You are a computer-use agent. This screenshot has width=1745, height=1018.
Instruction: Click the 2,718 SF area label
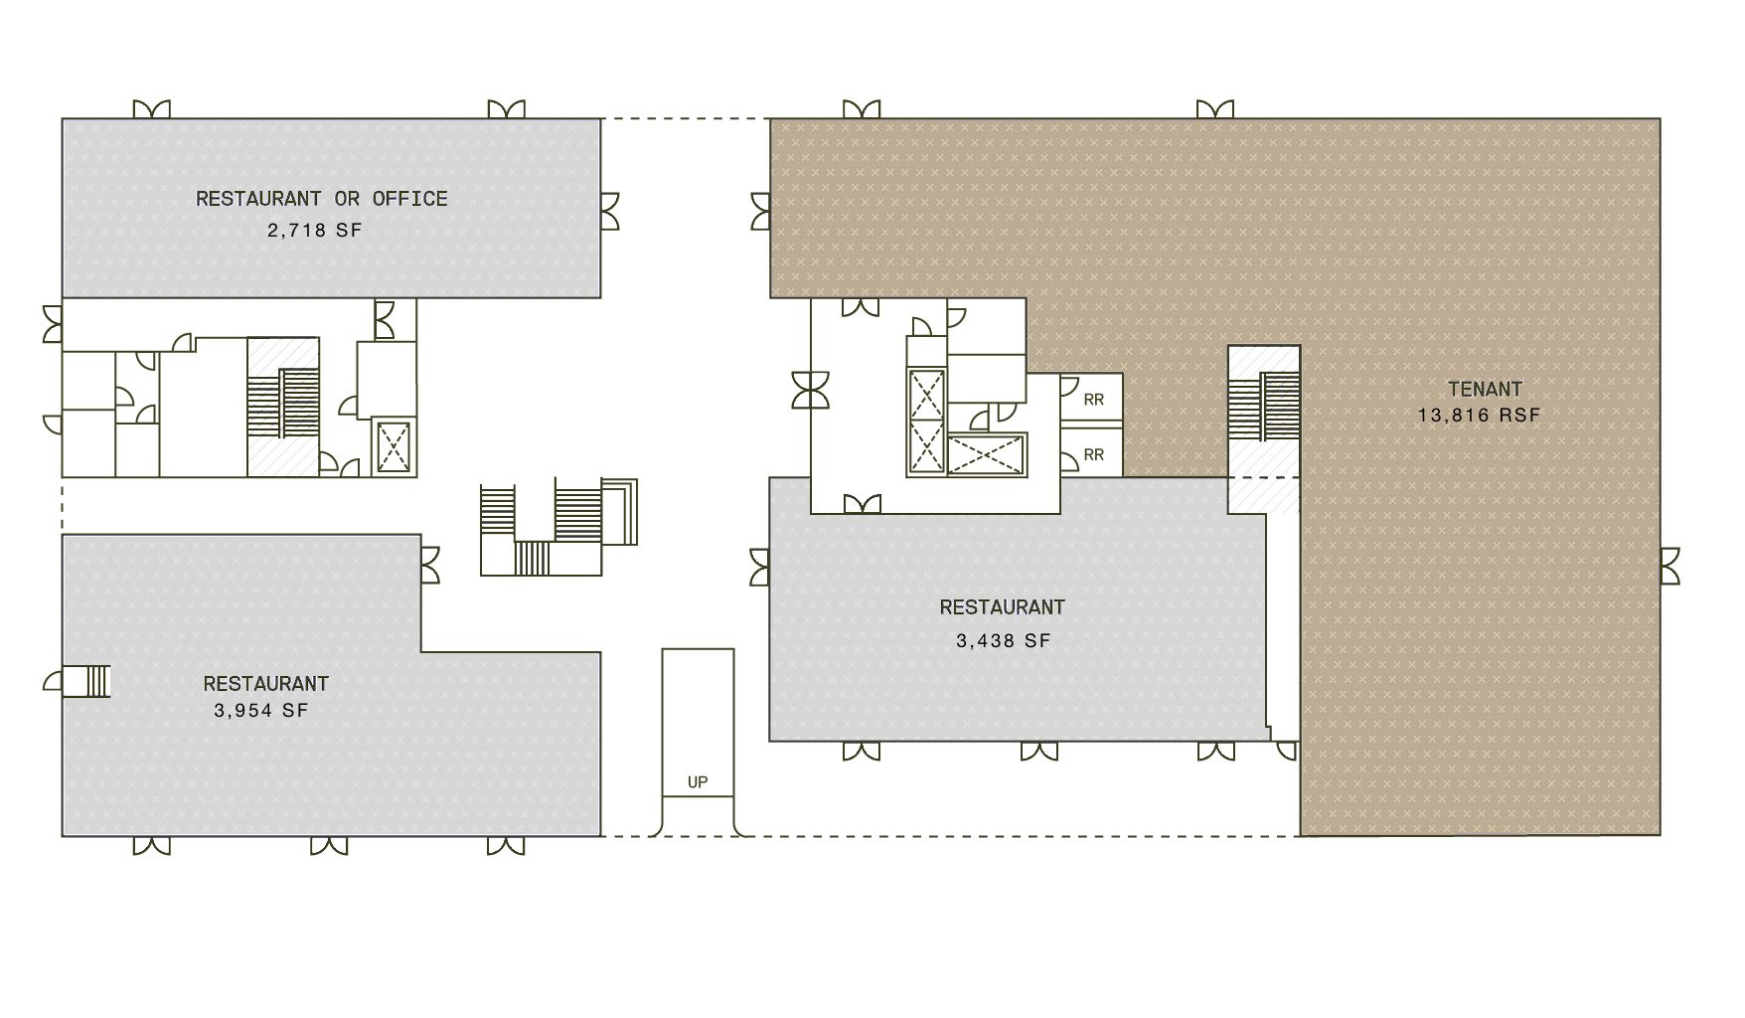pos(314,231)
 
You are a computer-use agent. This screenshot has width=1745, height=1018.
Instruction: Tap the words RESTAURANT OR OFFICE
pos(321,199)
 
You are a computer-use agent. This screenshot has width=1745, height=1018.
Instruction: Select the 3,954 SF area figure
pos(260,711)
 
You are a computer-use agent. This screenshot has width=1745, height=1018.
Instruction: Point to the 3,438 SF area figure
pos(1003,641)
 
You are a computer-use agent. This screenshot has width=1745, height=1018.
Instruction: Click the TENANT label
pos(1485,390)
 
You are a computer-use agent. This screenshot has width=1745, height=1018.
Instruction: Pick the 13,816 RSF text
pos(1479,416)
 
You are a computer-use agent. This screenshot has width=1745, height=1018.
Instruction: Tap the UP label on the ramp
pos(698,782)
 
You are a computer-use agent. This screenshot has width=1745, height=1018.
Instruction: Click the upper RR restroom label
pos(1093,401)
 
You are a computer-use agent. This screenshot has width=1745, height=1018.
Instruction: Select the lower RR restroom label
pos(1093,455)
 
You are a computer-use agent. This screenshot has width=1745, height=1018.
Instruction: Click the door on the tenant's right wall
pos(1669,566)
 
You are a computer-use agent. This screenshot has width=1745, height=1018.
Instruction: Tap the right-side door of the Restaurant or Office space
pos(610,211)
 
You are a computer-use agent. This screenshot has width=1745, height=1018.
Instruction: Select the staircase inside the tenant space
pos(1264,408)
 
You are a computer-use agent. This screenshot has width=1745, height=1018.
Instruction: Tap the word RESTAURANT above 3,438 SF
pos(1002,607)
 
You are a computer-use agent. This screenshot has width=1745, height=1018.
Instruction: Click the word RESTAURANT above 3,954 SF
pos(265,684)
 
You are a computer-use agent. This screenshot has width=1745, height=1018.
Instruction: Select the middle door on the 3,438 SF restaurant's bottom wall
pos(1039,751)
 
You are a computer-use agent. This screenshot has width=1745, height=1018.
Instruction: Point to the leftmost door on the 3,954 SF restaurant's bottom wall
pos(151,846)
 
